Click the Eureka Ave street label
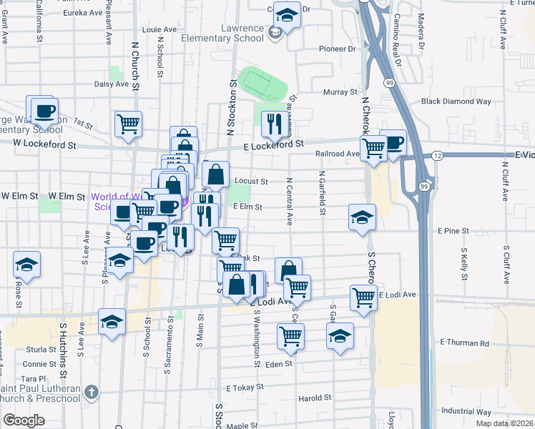click(x=82, y=13)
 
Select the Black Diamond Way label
click(x=456, y=102)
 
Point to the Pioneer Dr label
click(x=337, y=49)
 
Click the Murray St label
click(x=340, y=92)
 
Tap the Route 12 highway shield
click(x=437, y=155)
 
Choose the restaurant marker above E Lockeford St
click(x=273, y=124)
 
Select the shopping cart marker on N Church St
click(x=128, y=124)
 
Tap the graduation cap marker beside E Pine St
click(x=363, y=216)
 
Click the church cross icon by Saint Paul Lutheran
click(x=90, y=392)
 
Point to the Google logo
click(x=24, y=420)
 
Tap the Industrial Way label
click(x=466, y=412)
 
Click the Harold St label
click(x=315, y=398)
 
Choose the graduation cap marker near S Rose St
click(x=26, y=265)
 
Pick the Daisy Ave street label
click(x=112, y=84)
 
